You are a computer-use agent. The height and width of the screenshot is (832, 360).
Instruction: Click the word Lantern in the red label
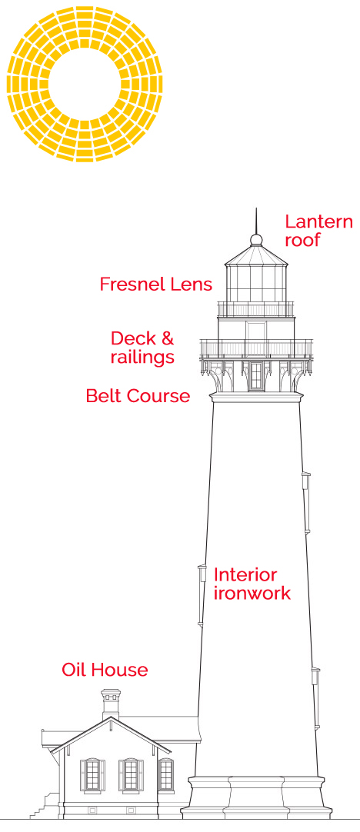point(318,221)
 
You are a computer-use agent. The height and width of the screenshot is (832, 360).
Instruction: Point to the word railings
point(142,357)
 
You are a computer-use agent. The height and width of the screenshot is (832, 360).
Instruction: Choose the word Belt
point(102,395)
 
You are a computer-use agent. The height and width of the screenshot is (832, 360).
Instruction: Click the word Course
point(156,395)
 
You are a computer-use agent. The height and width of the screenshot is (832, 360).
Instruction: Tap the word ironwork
point(252,593)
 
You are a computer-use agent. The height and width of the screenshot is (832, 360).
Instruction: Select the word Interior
point(245,574)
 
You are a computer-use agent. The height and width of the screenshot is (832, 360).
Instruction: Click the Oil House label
point(105,670)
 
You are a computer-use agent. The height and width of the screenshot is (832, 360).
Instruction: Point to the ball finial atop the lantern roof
point(256,239)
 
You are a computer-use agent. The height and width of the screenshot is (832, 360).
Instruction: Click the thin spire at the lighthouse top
point(256,221)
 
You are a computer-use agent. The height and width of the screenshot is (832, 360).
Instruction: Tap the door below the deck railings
point(256,375)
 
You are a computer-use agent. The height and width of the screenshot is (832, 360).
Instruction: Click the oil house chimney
point(111,703)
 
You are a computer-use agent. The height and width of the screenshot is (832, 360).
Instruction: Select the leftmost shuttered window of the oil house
point(92,775)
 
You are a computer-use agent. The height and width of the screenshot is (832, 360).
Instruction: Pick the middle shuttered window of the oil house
point(131,775)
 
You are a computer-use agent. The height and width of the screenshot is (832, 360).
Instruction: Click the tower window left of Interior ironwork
point(202,596)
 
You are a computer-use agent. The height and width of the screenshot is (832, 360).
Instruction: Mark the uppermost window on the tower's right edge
point(306,501)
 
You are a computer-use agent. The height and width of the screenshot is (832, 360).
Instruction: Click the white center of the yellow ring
point(85,85)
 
